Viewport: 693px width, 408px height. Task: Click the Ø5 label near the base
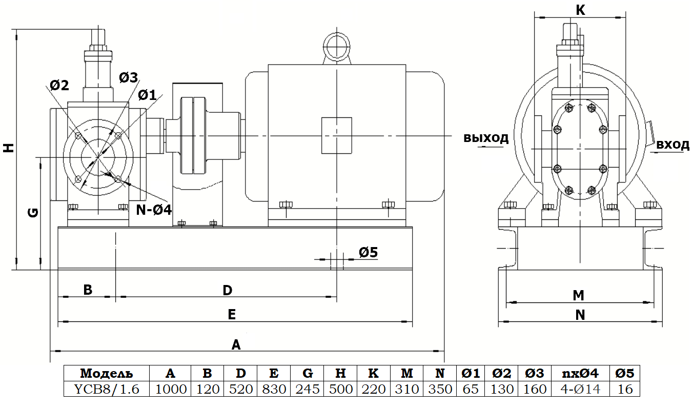click(368, 252)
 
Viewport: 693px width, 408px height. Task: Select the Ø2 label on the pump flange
click(59, 85)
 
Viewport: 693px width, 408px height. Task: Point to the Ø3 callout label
click(128, 78)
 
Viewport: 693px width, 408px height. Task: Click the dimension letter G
click(32, 212)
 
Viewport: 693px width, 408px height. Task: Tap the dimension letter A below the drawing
click(236, 344)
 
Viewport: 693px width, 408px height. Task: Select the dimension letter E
click(232, 315)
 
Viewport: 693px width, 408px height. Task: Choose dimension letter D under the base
click(227, 290)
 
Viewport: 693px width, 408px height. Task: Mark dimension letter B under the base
click(88, 290)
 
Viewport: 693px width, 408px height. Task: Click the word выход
click(486, 138)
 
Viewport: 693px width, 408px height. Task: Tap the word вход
click(672, 145)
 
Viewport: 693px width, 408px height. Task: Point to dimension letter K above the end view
click(580, 10)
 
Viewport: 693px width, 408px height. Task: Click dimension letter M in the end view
click(578, 295)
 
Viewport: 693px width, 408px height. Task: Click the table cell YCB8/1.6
click(106, 389)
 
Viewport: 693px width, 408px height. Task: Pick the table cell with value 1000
click(170, 389)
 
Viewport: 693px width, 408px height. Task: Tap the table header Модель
click(106, 374)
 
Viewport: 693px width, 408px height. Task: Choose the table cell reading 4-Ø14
click(579, 389)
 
